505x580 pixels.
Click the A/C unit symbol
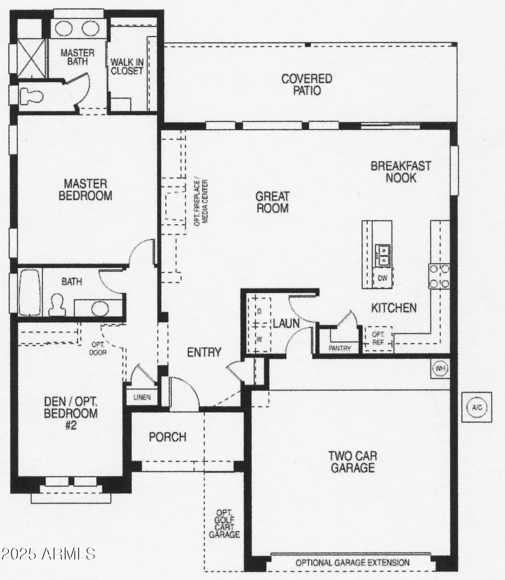[477, 407]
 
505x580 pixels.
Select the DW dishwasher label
[383, 278]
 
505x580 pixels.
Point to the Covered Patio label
[307, 85]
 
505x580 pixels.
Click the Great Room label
[272, 202]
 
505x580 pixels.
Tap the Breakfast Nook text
[401, 172]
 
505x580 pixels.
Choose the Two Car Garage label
[353, 462]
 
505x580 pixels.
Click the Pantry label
[340, 348]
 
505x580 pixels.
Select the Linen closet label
[142, 397]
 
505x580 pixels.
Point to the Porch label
[168, 437]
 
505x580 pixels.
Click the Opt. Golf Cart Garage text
[224, 524]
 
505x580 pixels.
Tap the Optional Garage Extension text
[352, 563]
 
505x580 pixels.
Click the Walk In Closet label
[127, 67]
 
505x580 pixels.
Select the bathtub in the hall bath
[29, 293]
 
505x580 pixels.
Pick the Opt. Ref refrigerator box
[377, 338]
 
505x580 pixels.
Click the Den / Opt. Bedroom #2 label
[71, 413]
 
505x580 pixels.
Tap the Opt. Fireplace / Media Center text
[201, 203]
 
